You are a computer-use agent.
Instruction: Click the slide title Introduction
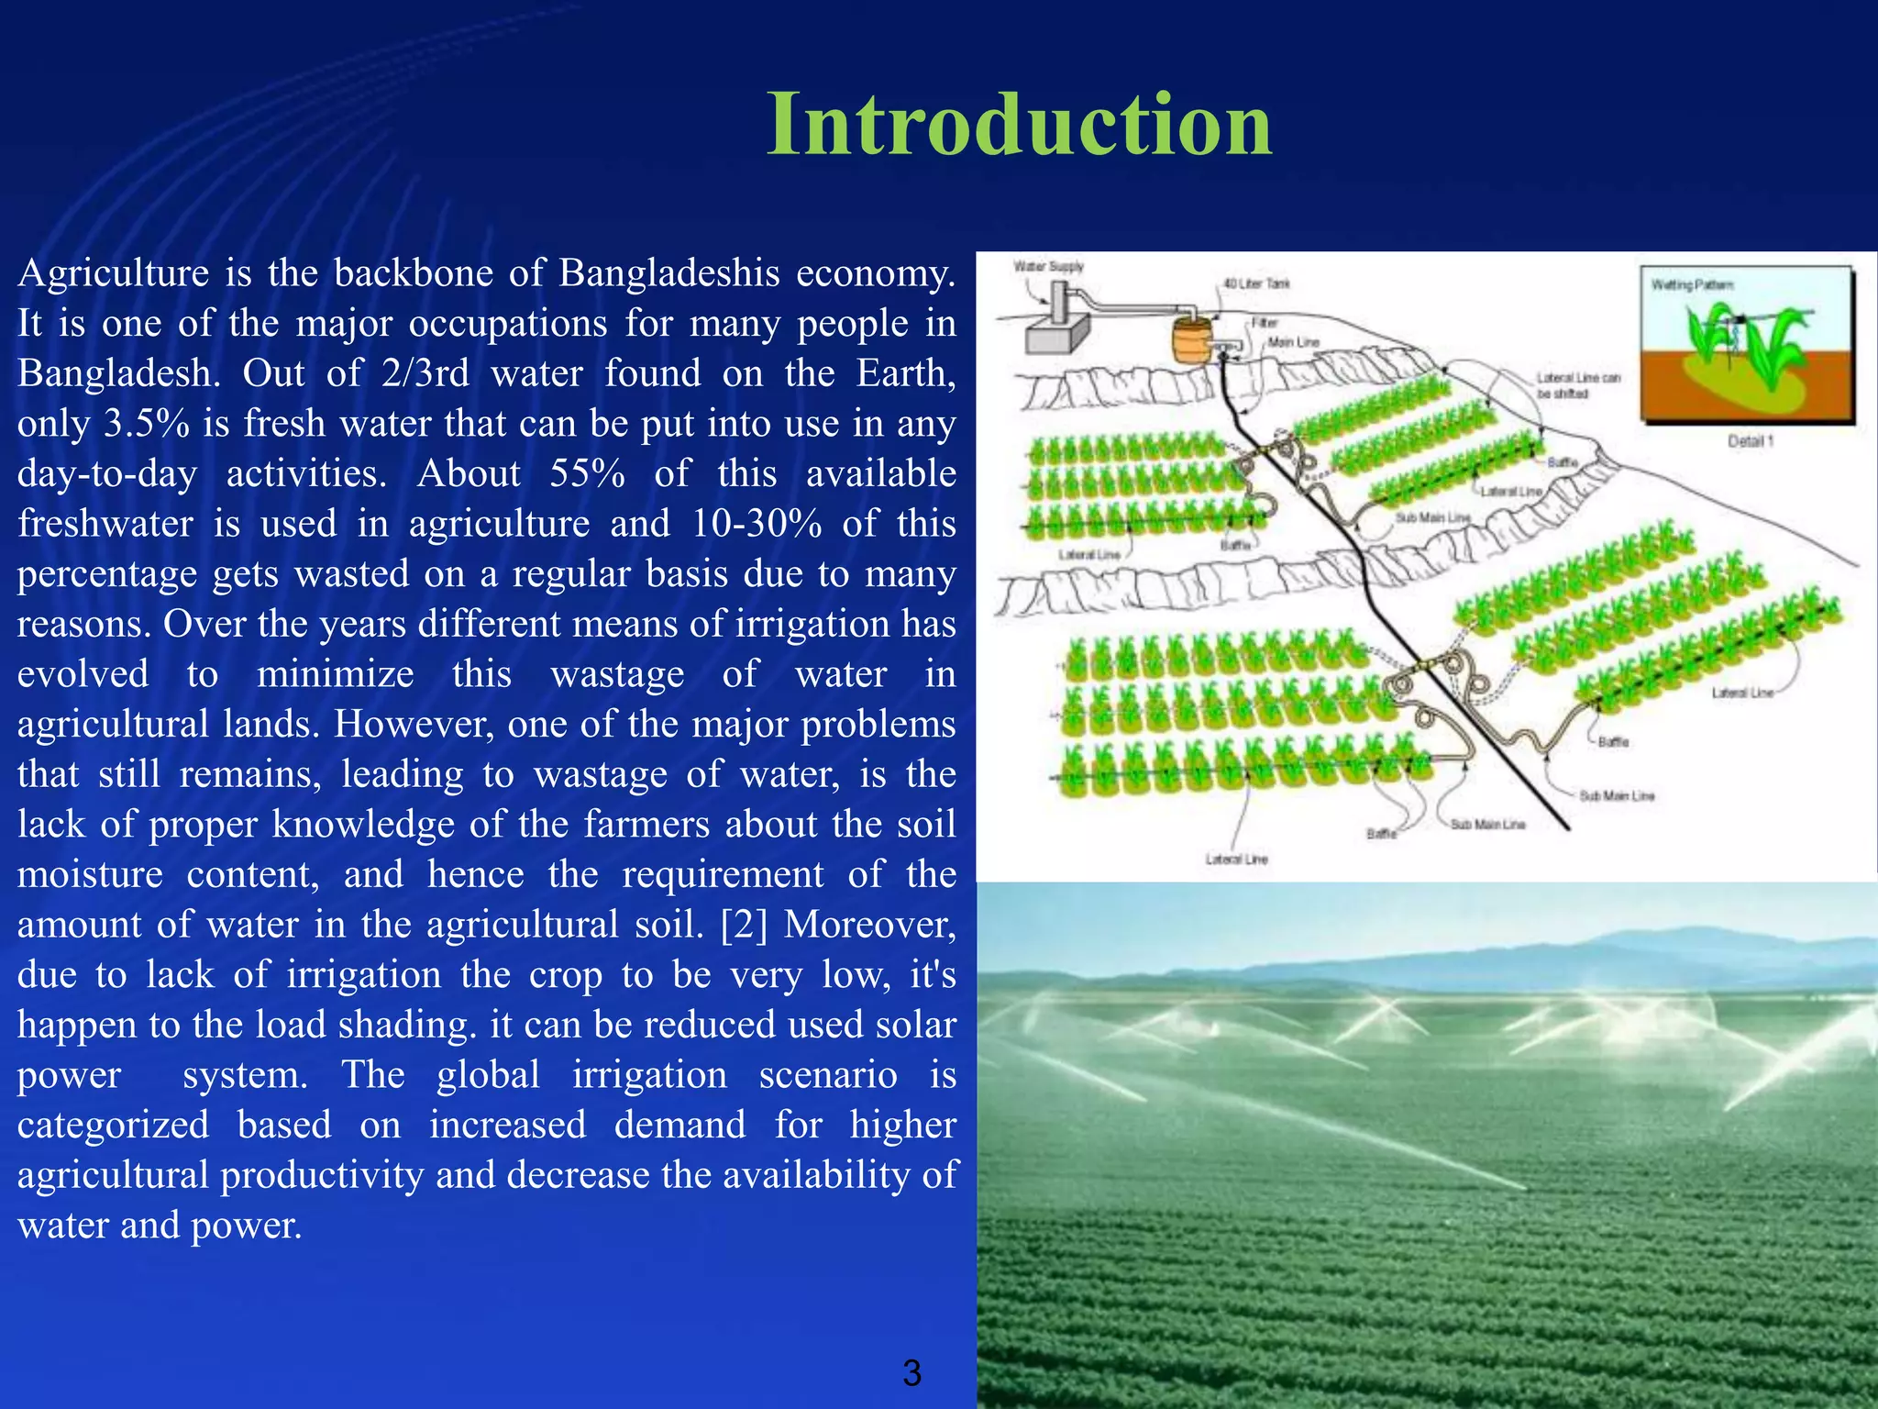[1019, 126]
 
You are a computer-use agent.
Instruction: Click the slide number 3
[911, 1373]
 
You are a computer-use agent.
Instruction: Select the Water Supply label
[1048, 266]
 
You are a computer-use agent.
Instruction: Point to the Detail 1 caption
[1750, 441]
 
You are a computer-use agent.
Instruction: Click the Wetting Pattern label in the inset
[1692, 284]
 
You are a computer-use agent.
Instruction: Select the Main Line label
[1293, 341]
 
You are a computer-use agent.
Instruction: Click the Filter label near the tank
[1265, 323]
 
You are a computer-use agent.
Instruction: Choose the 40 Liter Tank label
[1256, 283]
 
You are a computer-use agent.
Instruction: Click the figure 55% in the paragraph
[587, 474]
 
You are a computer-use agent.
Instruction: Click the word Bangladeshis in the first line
[669, 273]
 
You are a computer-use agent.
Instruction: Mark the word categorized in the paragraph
[113, 1125]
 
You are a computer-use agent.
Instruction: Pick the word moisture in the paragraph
[90, 874]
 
